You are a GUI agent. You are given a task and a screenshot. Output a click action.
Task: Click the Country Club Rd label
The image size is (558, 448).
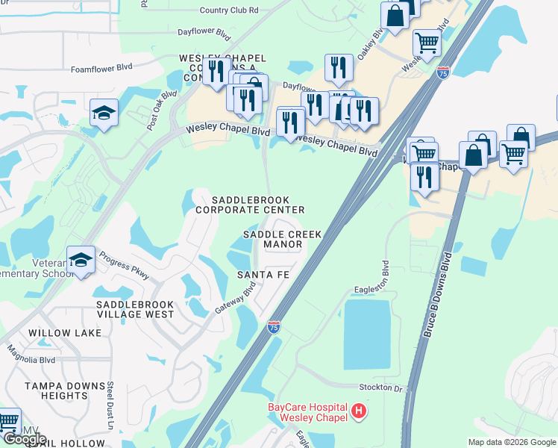229,10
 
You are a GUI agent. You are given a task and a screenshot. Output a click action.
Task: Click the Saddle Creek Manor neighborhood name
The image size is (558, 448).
283,239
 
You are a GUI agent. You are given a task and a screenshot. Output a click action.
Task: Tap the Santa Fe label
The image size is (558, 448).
263,275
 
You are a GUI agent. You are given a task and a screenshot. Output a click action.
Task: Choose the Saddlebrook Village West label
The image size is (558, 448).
135,309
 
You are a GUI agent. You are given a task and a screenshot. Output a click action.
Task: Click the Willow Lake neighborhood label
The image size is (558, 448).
64,332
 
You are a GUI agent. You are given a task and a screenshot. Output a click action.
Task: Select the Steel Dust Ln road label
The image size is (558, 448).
110,406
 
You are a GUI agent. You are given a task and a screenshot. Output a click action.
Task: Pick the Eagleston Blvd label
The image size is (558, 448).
386,277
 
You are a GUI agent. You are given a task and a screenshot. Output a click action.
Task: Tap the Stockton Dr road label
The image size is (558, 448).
386,389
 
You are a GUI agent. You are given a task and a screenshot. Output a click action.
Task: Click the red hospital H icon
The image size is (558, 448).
360,411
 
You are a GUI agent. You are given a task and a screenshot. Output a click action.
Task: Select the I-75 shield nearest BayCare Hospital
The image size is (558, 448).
274,326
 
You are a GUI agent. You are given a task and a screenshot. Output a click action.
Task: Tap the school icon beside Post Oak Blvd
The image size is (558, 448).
104,113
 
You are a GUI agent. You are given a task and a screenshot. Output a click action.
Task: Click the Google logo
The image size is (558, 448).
25,438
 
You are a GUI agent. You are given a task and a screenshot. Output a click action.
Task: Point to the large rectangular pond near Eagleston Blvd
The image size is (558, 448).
367,334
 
